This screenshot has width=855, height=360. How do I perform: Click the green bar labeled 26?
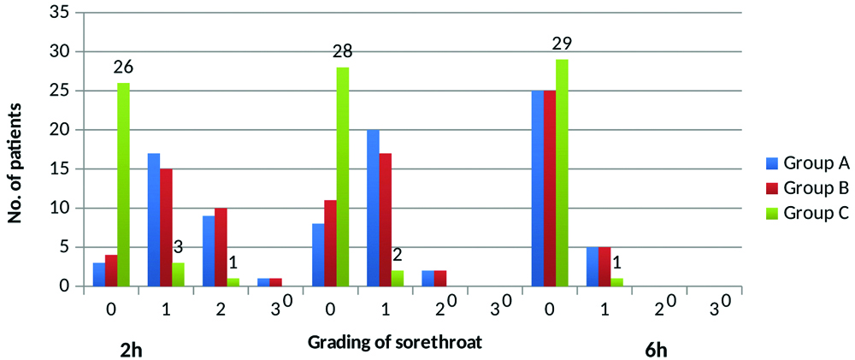[x=123, y=184]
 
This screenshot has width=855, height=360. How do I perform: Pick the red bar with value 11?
[x=331, y=243]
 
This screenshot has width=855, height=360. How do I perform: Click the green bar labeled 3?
[x=178, y=274]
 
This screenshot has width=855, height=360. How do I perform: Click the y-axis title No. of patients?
[x=15, y=150]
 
